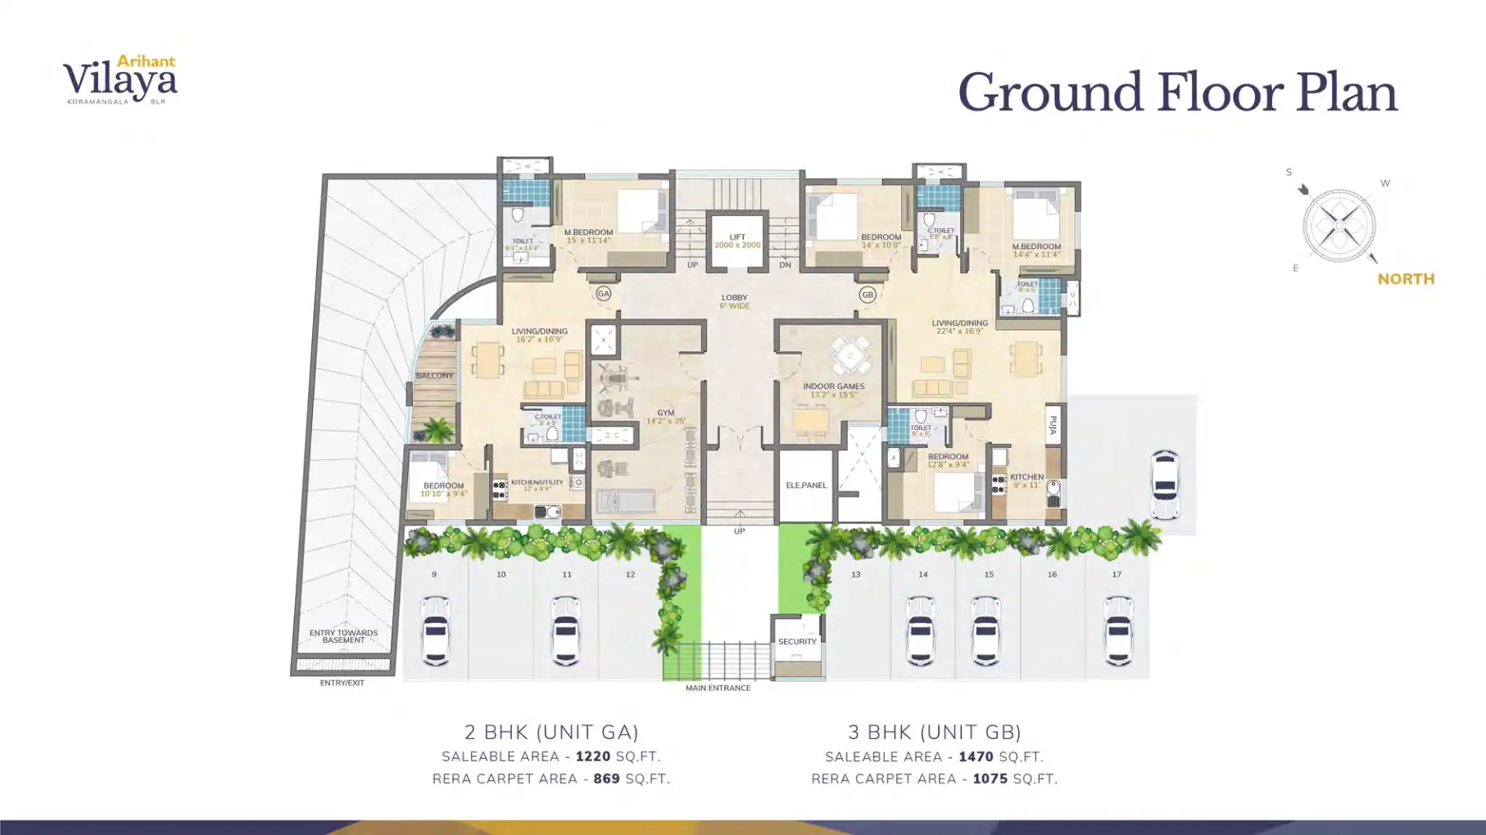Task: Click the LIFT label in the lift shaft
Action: (x=737, y=237)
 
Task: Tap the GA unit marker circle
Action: (x=604, y=293)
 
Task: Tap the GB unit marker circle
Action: (x=868, y=294)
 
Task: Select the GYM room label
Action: (x=665, y=413)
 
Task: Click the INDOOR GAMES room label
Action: (x=833, y=386)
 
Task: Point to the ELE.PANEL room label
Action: (x=806, y=485)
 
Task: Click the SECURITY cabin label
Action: (x=797, y=642)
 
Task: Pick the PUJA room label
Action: (x=1053, y=425)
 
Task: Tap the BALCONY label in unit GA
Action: (x=434, y=376)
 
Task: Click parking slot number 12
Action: (x=630, y=575)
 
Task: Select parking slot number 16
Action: (x=1052, y=575)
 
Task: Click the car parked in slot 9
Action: (x=435, y=630)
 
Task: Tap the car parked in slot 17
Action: (x=1118, y=630)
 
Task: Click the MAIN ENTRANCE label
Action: (x=718, y=688)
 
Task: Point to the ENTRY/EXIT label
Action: (x=342, y=683)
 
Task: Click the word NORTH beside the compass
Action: (x=1406, y=279)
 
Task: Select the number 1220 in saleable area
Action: (x=593, y=757)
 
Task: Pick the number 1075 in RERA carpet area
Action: (x=990, y=779)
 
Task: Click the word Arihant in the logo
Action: (x=146, y=61)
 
